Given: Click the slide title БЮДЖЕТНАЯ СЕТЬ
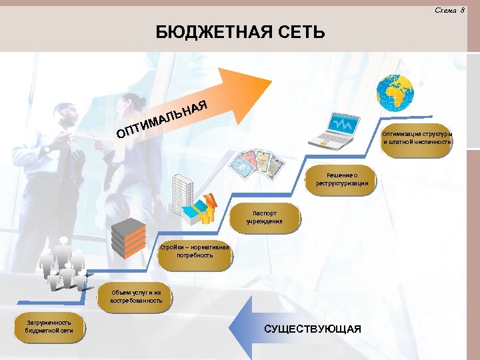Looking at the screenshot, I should point(240,31).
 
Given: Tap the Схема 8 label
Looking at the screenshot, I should point(449,9).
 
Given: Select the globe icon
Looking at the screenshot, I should point(395,93).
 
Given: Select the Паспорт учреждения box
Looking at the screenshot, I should point(265,217).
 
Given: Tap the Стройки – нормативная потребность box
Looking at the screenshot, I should point(195,251).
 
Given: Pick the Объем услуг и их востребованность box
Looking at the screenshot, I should point(136,296).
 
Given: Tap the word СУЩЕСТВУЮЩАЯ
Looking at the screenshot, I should point(313,329).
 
